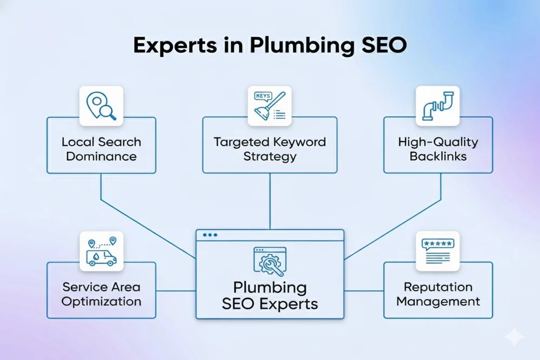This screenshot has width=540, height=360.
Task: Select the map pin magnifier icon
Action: [102, 104]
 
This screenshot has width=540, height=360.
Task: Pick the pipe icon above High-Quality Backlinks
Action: [437, 104]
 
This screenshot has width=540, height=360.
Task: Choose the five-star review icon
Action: [437, 251]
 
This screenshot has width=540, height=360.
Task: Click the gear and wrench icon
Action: [268, 262]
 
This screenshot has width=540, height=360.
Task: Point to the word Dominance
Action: [101, 157]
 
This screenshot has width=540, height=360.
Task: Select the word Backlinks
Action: [438, 157]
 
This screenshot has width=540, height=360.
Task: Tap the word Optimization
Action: [101, 302]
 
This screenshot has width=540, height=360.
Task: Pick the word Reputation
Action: [438, 287]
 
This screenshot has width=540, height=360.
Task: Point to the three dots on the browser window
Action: [209, 235]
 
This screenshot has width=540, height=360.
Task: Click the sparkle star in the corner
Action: [514, 337]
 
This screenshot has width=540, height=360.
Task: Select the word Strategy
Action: [270, 157]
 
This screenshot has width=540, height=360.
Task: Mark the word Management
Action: [438, 301]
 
